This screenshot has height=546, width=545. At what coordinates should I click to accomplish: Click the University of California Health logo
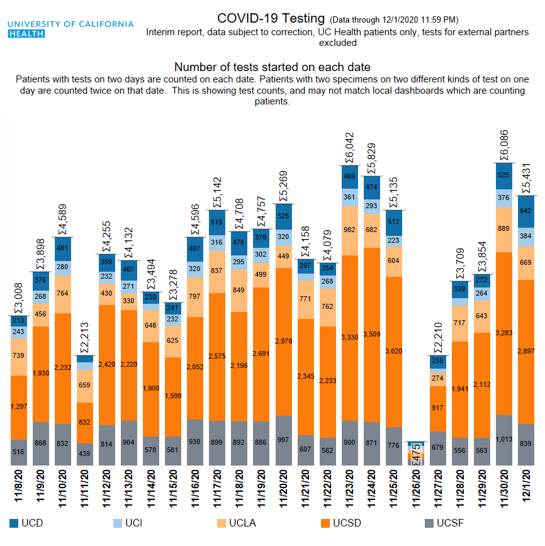point(70,28)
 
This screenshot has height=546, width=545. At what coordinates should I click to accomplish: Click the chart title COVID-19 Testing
point(271,19)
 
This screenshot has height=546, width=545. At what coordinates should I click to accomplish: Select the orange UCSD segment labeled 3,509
point(371,334)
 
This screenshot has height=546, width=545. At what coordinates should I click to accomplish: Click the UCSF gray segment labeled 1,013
point(503,440)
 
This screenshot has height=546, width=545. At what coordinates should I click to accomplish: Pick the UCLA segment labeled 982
point(349,230)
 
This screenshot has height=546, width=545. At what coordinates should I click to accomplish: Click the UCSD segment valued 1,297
point(19,408)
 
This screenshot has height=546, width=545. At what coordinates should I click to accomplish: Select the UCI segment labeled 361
point(349,198)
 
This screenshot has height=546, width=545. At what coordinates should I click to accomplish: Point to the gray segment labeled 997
point(283,440)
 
